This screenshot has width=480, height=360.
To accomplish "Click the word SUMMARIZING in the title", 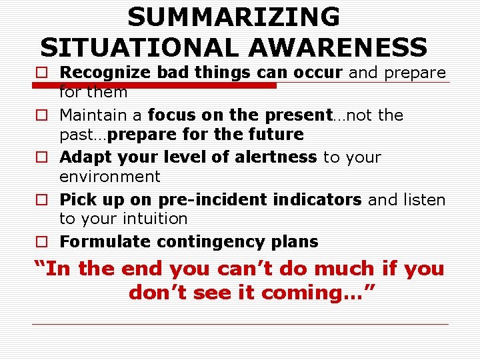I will point(233,17).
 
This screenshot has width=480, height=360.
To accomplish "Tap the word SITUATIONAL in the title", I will point(132,47).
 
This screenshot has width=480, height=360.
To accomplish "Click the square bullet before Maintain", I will point(41,115).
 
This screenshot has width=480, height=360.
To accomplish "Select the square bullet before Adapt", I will point(41,158).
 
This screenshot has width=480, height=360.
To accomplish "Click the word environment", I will point(110,177).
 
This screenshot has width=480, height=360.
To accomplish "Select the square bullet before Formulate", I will point(41,242).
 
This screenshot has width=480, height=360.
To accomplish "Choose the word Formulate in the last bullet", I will point(99,242).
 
